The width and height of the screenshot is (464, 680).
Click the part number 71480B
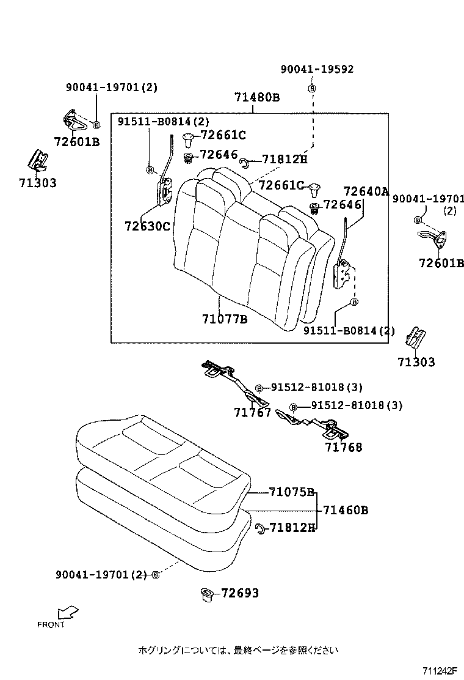[x=257, y=97]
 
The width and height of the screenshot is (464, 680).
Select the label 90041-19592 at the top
[x=317, y=70]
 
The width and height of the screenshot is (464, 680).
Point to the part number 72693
[x=240, y=593]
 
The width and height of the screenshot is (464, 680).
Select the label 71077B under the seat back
[x=224, y=319]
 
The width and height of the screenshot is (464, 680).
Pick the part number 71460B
[x=345, y=510]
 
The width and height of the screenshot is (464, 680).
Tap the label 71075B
[x=291, y=492]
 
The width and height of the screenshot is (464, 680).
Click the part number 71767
[x=252, y=413]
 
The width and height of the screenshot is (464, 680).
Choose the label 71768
[x=343, y=447]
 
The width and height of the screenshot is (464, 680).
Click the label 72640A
[x=366, y=191]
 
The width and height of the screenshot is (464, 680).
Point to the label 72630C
[x=147, y=226]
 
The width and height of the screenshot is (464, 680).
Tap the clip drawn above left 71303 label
[x=38, y=160]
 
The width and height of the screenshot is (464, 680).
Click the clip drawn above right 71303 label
[x=417, y=336]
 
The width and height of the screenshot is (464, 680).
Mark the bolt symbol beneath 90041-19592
[x=312, y=89]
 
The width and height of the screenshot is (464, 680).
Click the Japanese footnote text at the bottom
[x=238, y=650]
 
